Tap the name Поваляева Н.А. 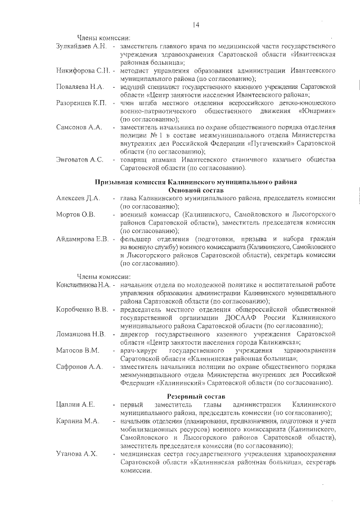click(x=80, y=87)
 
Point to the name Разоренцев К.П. click(x=82, y=103)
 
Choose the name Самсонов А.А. click(x=79, y=128)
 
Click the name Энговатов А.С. click(x=80, y=160)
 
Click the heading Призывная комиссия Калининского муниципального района click(x=196, y=183)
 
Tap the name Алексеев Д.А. click(x=78, y=199)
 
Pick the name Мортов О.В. click(x=76, y=215)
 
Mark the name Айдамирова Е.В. click(x=83, y=240)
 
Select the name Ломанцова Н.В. click(x=81, y=334)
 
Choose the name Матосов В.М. click(x=78, y=350)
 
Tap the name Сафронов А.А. click(x=79, y=367)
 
